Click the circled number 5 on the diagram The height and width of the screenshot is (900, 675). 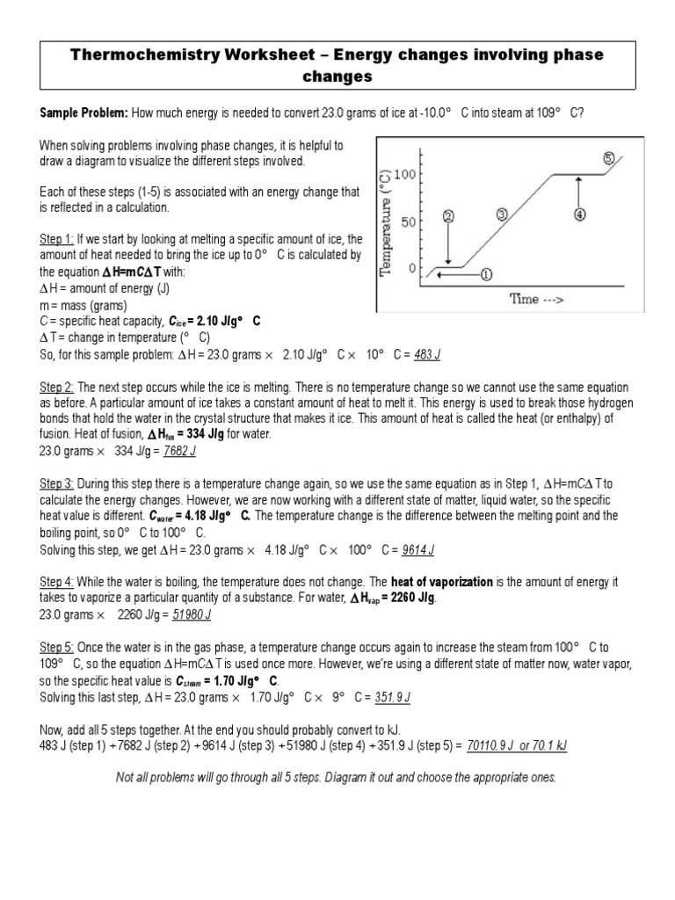609,159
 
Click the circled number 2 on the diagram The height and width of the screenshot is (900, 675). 448,216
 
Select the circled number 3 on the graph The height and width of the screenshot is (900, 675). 502,214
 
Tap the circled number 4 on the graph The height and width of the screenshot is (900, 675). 580,214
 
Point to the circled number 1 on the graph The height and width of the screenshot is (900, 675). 486,273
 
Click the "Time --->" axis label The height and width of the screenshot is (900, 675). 537,299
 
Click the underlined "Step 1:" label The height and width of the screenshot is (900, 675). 57,239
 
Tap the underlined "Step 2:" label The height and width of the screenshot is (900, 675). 57,388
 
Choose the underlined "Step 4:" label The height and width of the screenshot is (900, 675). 57,582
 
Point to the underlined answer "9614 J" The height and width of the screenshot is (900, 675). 418,550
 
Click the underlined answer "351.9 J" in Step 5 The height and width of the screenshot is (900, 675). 393,697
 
